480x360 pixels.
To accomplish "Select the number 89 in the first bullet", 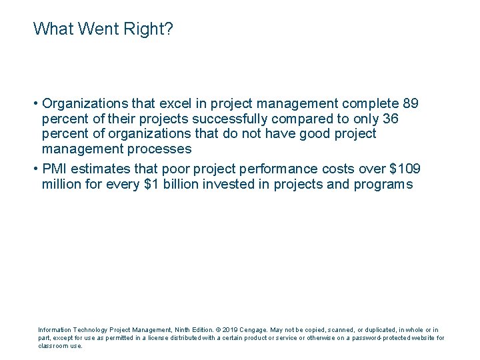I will point(411,104).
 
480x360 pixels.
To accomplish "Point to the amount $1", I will point(151,185).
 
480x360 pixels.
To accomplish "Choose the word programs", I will point(385,185).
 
